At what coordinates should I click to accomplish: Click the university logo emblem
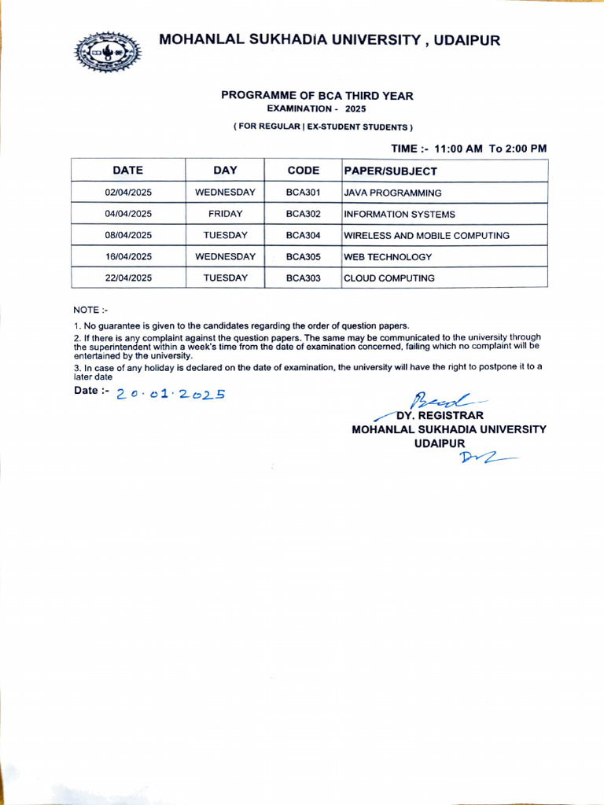click(107, 53)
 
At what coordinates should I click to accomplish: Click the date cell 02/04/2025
click(128, 193)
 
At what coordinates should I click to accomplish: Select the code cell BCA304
click(303, 235)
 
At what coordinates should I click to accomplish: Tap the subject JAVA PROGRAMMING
click(392, 193)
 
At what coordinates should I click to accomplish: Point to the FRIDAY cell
click(225, 214)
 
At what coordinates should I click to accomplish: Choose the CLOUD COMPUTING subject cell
click(389, 278)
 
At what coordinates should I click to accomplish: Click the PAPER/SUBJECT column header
click(390, 171)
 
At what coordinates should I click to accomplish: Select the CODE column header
click(303, 171)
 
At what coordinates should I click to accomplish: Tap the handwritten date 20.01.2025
click(171, 394)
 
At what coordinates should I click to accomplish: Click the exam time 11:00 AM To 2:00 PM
click(469, 148)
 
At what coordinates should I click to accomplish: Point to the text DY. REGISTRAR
click(440, 415)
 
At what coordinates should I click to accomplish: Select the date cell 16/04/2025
click(128, 256)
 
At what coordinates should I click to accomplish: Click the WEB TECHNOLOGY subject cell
click(388, 257)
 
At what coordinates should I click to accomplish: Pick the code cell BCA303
click(303, 278)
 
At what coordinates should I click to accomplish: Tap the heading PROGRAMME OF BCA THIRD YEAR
click(317, 95)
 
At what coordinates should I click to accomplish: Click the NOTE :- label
click(90, 310)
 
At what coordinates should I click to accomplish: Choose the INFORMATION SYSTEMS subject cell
click(400, 214)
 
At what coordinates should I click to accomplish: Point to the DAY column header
click(225, 171)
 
